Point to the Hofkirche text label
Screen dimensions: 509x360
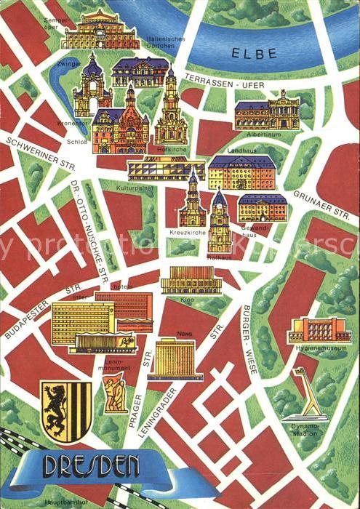click(x=168, y=148)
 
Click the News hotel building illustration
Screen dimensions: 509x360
click(x=175, y=358)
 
